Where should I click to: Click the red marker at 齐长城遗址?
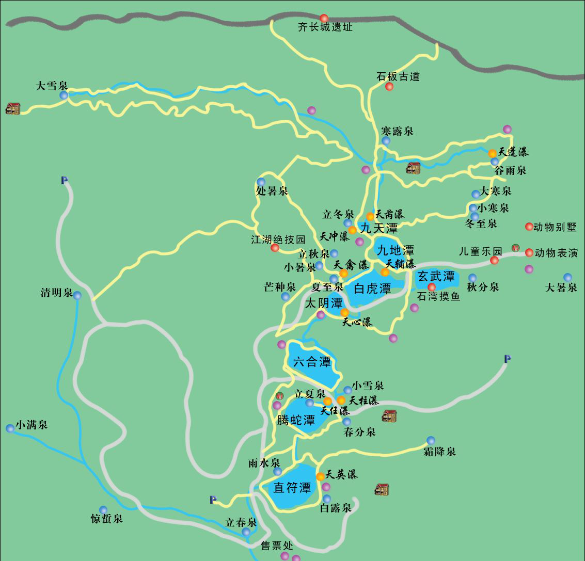point(324,19)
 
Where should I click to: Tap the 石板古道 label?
point(398,77)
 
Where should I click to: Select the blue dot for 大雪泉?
point(64,95)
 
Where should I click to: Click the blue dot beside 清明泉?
point(77,296)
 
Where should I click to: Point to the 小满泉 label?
point(31,425)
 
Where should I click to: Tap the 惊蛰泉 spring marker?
point(103,510)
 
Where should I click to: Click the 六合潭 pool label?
point(312,362)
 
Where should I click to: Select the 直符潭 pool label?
point(292,488)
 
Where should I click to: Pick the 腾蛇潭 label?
point(296,420)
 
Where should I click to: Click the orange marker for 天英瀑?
point(320,477)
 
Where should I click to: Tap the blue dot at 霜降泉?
point(431,440)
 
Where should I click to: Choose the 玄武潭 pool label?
point(436,276)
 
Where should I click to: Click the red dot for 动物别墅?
point(529,227)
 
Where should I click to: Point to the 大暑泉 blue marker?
point(567,277)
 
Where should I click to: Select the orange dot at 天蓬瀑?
point(493,153)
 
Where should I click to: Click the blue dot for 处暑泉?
point(261,182)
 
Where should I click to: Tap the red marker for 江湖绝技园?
point(275,248)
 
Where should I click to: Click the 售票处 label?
point(277,546)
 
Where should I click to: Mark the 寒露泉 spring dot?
point(386,141)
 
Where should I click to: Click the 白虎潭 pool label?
point(372,288)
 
